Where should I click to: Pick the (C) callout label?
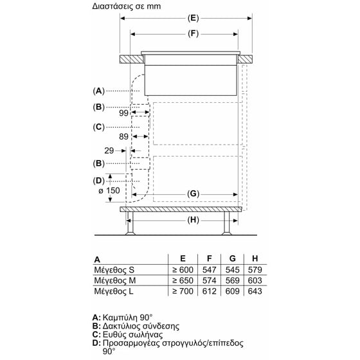(x=98, y=127)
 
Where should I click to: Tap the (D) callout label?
(x=98, y=180)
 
